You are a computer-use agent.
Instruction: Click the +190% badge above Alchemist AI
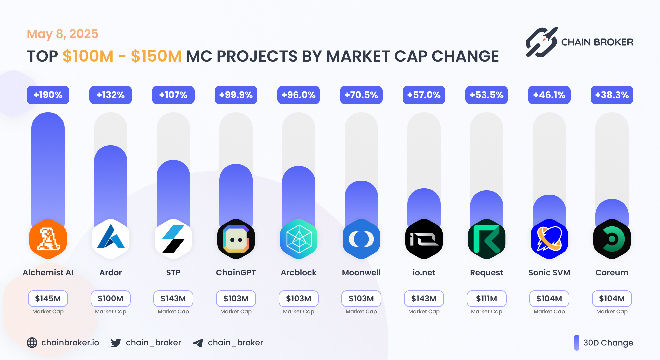click(x=48, y=95)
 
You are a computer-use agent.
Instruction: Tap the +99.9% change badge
click(x=236, y=95)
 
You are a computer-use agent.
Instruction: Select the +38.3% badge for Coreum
click(x=612, y=95)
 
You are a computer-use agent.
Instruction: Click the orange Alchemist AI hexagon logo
click(x=48, y=239)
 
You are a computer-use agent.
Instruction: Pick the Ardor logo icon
click(x=111, y=239)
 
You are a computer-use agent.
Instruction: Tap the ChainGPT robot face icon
click(x=236, y=239)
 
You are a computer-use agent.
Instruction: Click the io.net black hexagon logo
click(x=424, y=239)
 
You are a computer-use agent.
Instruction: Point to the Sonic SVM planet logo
click(x=549, y=239)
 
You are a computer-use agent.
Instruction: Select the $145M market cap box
click(x=48, y=299)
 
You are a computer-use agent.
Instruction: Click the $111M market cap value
click(x=487, y=299)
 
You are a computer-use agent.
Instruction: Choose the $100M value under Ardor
click(x=111, y=299)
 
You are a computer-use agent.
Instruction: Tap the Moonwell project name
click(x=361, y=273)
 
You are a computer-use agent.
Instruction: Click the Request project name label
click(x=487, y=273)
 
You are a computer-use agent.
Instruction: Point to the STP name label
click(x=173, y=273)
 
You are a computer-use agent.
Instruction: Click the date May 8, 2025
click(x=62, y=34)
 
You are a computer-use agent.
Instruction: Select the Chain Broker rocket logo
click(x=542, y=42)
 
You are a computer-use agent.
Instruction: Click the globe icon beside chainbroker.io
click(x=32, y=343)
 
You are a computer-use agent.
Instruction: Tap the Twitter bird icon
click(x=116, y=343)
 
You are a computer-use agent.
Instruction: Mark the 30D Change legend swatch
click(x=577, y=343)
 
